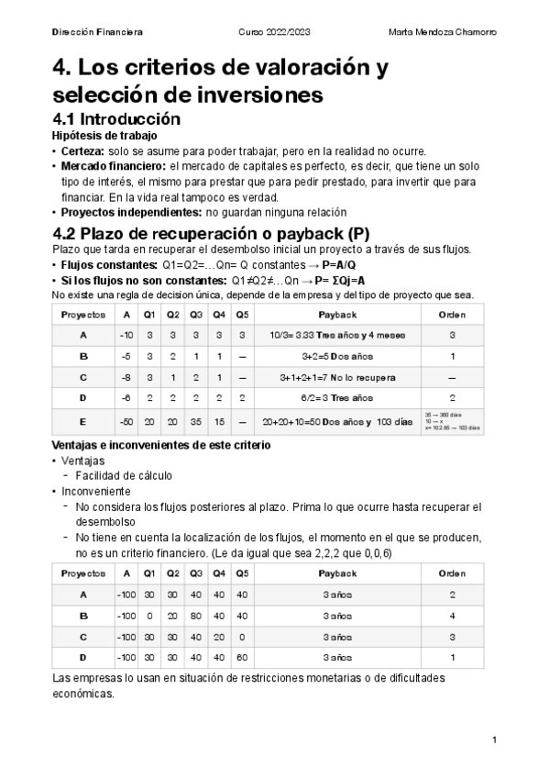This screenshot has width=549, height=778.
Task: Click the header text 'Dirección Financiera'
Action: click(x=97, y=32)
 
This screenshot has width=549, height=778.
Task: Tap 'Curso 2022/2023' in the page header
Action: click(x=274, y=32)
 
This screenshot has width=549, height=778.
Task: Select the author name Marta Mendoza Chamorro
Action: click(x=442, y=32)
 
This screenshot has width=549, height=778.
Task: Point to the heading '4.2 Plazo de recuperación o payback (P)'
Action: click(x=211, y=232)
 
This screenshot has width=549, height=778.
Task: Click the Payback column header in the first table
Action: click(x=337, y=314)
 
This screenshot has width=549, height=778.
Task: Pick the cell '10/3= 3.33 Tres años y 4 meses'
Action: click(x=337, y=335)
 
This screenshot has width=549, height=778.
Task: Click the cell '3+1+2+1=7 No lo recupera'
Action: click(x=337, y=377)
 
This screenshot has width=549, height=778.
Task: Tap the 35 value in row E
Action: click(x=195, y=422)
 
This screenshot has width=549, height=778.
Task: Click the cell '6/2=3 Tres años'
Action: click(x=337, y=398)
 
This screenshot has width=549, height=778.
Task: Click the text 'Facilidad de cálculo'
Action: click(x=123, y=475)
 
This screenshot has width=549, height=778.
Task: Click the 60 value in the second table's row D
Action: click(x=241, y=657)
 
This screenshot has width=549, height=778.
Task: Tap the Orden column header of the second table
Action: click(x=452, y=572)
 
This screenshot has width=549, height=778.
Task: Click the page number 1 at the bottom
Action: click(x=494, y=739)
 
